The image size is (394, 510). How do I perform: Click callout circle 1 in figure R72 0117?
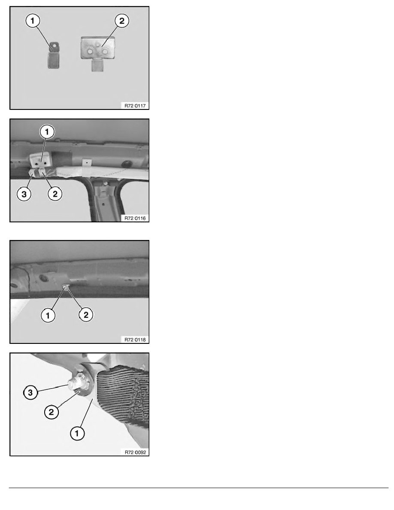pos(32,21)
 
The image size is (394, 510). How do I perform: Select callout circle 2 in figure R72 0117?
pos(122,21)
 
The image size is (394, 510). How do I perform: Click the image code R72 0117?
pos(135,105)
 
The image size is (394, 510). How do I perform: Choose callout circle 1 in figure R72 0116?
pos(47,132)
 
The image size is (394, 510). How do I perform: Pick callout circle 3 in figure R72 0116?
pos(24,194)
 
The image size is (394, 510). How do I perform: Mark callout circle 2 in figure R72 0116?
pos(55,194)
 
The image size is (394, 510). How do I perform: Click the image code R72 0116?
pos(135,218)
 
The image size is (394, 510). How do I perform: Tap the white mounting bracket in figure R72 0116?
pos(40,159)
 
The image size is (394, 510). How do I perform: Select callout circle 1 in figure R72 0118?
pos(48,315)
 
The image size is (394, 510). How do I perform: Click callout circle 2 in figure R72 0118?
pos(86,315)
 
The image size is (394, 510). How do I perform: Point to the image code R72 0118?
pos(135,340)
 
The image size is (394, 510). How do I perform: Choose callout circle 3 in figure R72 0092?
pos(30,392)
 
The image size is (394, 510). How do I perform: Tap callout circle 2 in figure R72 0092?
pos(51,413)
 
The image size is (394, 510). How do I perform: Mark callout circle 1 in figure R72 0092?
pos(77,433)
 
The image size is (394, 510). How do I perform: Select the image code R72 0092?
pos(135,452)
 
